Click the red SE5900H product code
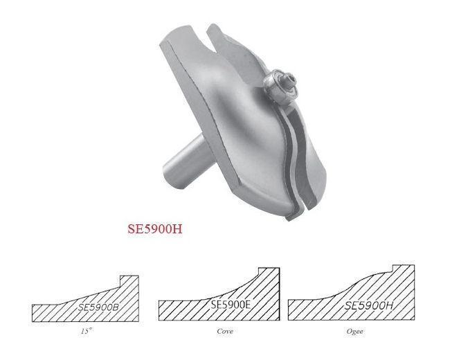[155, 228]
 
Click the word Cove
[224, 331]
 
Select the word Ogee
[354, 331]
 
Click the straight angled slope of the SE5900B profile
[83, 295]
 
